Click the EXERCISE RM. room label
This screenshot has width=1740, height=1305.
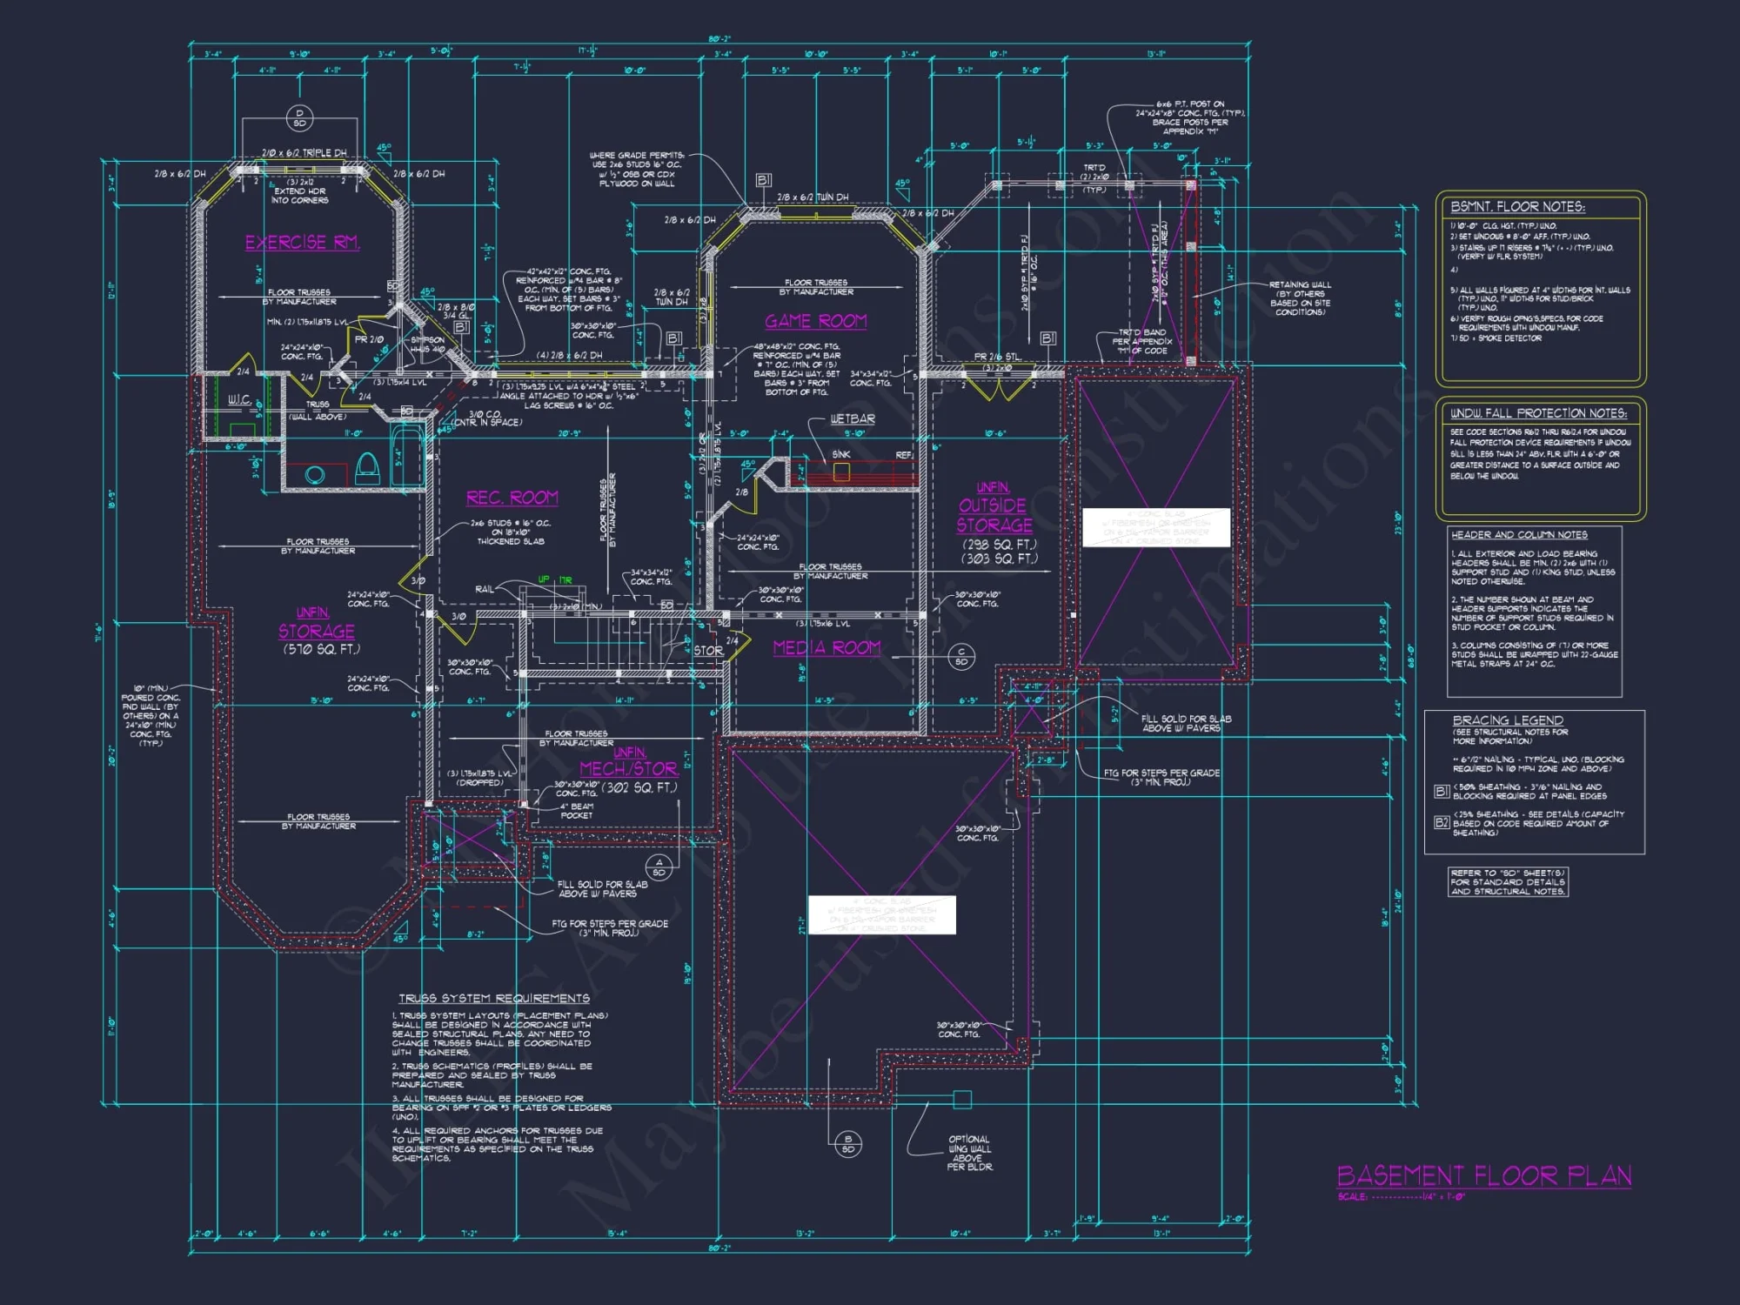302,243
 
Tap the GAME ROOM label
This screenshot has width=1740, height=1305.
815,322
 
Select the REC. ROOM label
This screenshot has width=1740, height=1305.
512,498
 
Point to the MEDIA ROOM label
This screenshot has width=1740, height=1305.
826,648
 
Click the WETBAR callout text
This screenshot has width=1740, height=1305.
852,419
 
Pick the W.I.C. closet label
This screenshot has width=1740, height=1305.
239,400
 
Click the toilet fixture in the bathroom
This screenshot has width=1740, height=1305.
368,468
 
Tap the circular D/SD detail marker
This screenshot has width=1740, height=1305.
299,117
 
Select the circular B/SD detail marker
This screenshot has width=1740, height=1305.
848,1144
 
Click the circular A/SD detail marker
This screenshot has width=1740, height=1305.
659,867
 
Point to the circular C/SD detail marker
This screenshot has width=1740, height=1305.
961,656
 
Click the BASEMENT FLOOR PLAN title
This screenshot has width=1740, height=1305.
1483,1176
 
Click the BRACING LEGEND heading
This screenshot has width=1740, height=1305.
1508,720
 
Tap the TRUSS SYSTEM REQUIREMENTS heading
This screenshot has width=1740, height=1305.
493,998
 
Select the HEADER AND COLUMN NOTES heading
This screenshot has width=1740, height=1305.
1519,535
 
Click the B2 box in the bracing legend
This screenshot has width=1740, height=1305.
1442,822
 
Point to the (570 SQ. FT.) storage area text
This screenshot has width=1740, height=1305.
321,649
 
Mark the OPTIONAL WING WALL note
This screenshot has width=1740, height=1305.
969,1153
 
